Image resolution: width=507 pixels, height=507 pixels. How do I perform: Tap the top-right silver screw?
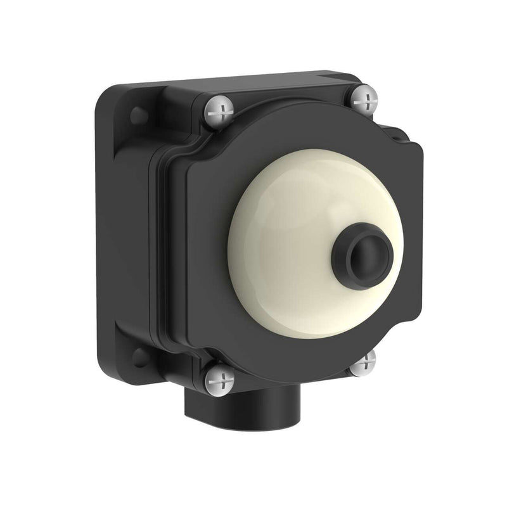pyautogui.click(x=363, y=98)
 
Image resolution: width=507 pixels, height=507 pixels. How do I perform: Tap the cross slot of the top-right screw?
pyautogui.click(x=363, y=98)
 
